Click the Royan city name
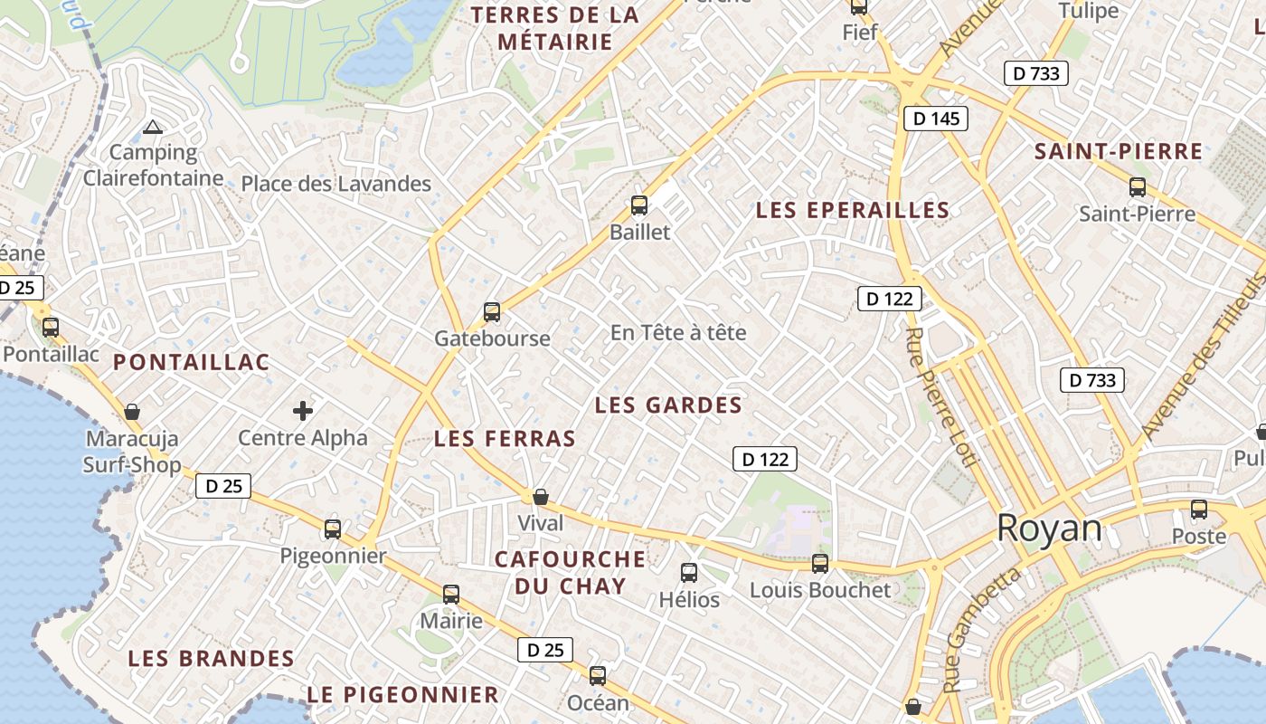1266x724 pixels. point(1049,529)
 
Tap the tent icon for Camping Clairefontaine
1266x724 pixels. point(153,128)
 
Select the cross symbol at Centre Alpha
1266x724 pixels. point(303,412)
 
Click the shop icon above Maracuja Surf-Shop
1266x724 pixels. point(132,413)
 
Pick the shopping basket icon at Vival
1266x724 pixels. point(541,497)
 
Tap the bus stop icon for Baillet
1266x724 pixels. point(639,205)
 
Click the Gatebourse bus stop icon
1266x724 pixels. point(492,312)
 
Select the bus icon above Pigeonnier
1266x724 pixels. point(333,529)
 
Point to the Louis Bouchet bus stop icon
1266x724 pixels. point(820,564)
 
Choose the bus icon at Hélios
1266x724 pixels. point(689,572)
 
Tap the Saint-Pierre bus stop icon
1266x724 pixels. point(1138,187)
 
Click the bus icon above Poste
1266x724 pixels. point(1199,510)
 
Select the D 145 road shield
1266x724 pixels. point(936,119)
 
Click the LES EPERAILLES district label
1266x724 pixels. point(853,211)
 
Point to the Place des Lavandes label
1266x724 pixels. point(335,185)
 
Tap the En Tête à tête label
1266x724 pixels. point(678,333)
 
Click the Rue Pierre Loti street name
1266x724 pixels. point(940,398)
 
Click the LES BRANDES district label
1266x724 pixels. point(212,658)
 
